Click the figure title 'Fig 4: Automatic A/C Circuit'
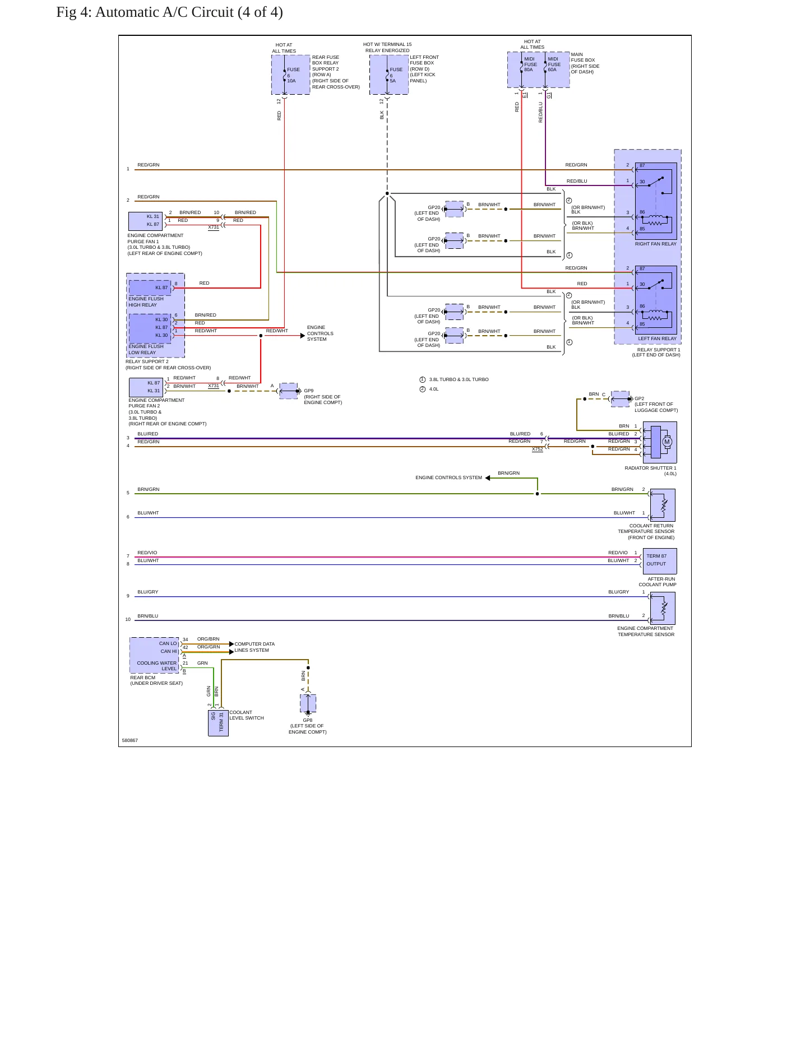pyautogui.click(x=145, y=12)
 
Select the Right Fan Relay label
pyautogui.click(x=655, y=244)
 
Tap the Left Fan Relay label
pyautogui.click(x=657, y=338)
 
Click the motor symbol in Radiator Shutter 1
pyautogui.click(x=666, y=442)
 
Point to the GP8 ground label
pyautogui.click(x=308, y=720)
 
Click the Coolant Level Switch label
pyautogui.click(x=247, y=715)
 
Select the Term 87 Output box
pyautogui.click(x=660, y=561)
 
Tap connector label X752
pyautogui.click(x=537, y=449)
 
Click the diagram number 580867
pyautogui.click(x=130, y=740)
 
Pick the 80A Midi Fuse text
pyautogui.click(x=530, y=64)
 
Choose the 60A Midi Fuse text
pyautogui.click(x=553, y=64)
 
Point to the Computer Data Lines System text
pyautogui.click(x=254, y=647)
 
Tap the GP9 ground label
pyautogui.click(x=309, y=391)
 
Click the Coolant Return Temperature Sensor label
pyautogui.click(x=646, y=532)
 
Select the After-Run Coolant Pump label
pyautogui.click(x=658, y=582)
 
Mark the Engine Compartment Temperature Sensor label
pyautogui.click(x=646, y=632)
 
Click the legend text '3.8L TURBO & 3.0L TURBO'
pyautogui.click(x=459, y=379)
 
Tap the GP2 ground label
pyautogui.click(x=640, y=398)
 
